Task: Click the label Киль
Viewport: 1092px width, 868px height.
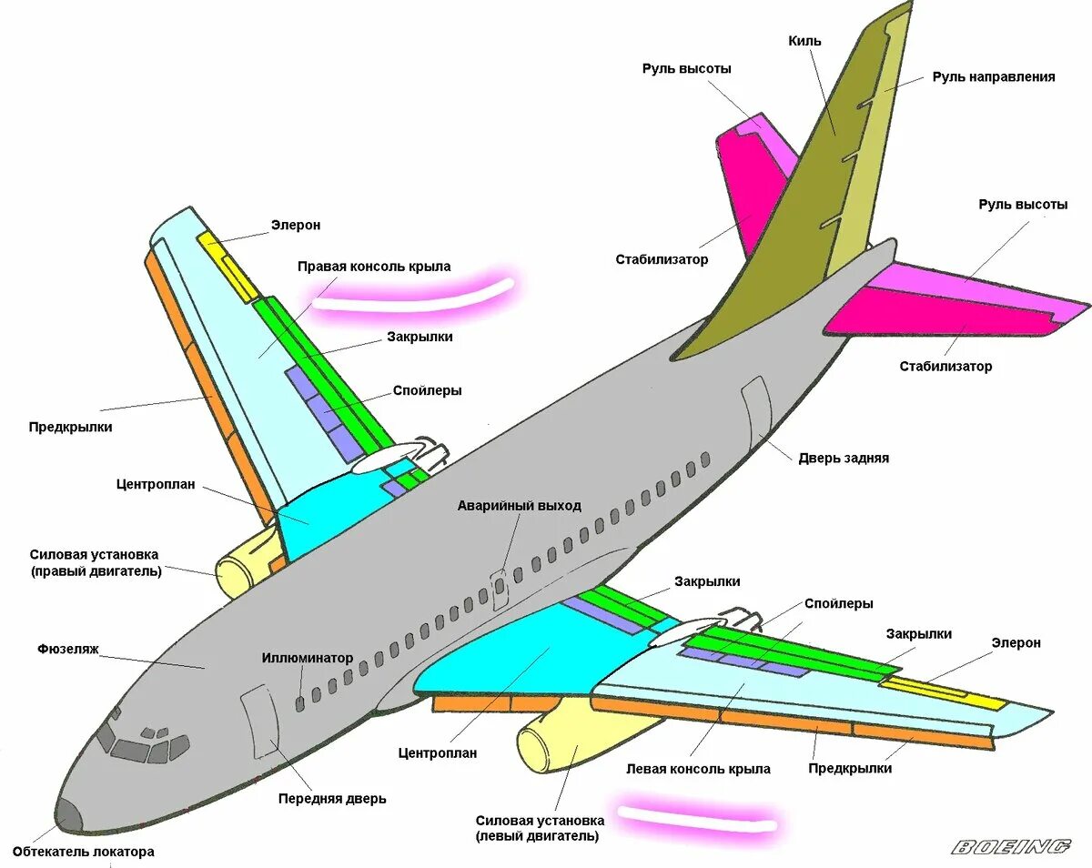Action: pyautogui.click(x=804, y=41)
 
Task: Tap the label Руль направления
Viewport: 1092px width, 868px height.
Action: pyautogui.click(x=994, y=77)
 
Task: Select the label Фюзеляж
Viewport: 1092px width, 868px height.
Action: pyautogui.click(x=68, y=650)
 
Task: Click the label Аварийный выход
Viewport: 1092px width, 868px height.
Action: pyautogui.click(x=519, y=506)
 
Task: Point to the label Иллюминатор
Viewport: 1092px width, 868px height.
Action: pyautogui.click(x=308, y=658)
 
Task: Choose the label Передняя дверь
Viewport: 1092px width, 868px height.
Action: pyautogui.click(x=332, y=799)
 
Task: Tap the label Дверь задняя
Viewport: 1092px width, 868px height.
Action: pyautogui.click(x=844, y=459)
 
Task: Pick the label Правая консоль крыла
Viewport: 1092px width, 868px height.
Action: pyautogui.click(x=374, y=267)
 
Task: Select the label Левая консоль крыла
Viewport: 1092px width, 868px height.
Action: pyautogui.click(x=698, y=769)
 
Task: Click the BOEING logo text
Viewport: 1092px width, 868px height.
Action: pyautogui.click(x=1011, y=847)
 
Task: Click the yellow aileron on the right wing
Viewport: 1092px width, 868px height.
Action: pyautogui.click(x=228, y=267)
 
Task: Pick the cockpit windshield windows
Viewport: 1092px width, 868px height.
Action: pyautogui.click(x=136, y=746)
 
